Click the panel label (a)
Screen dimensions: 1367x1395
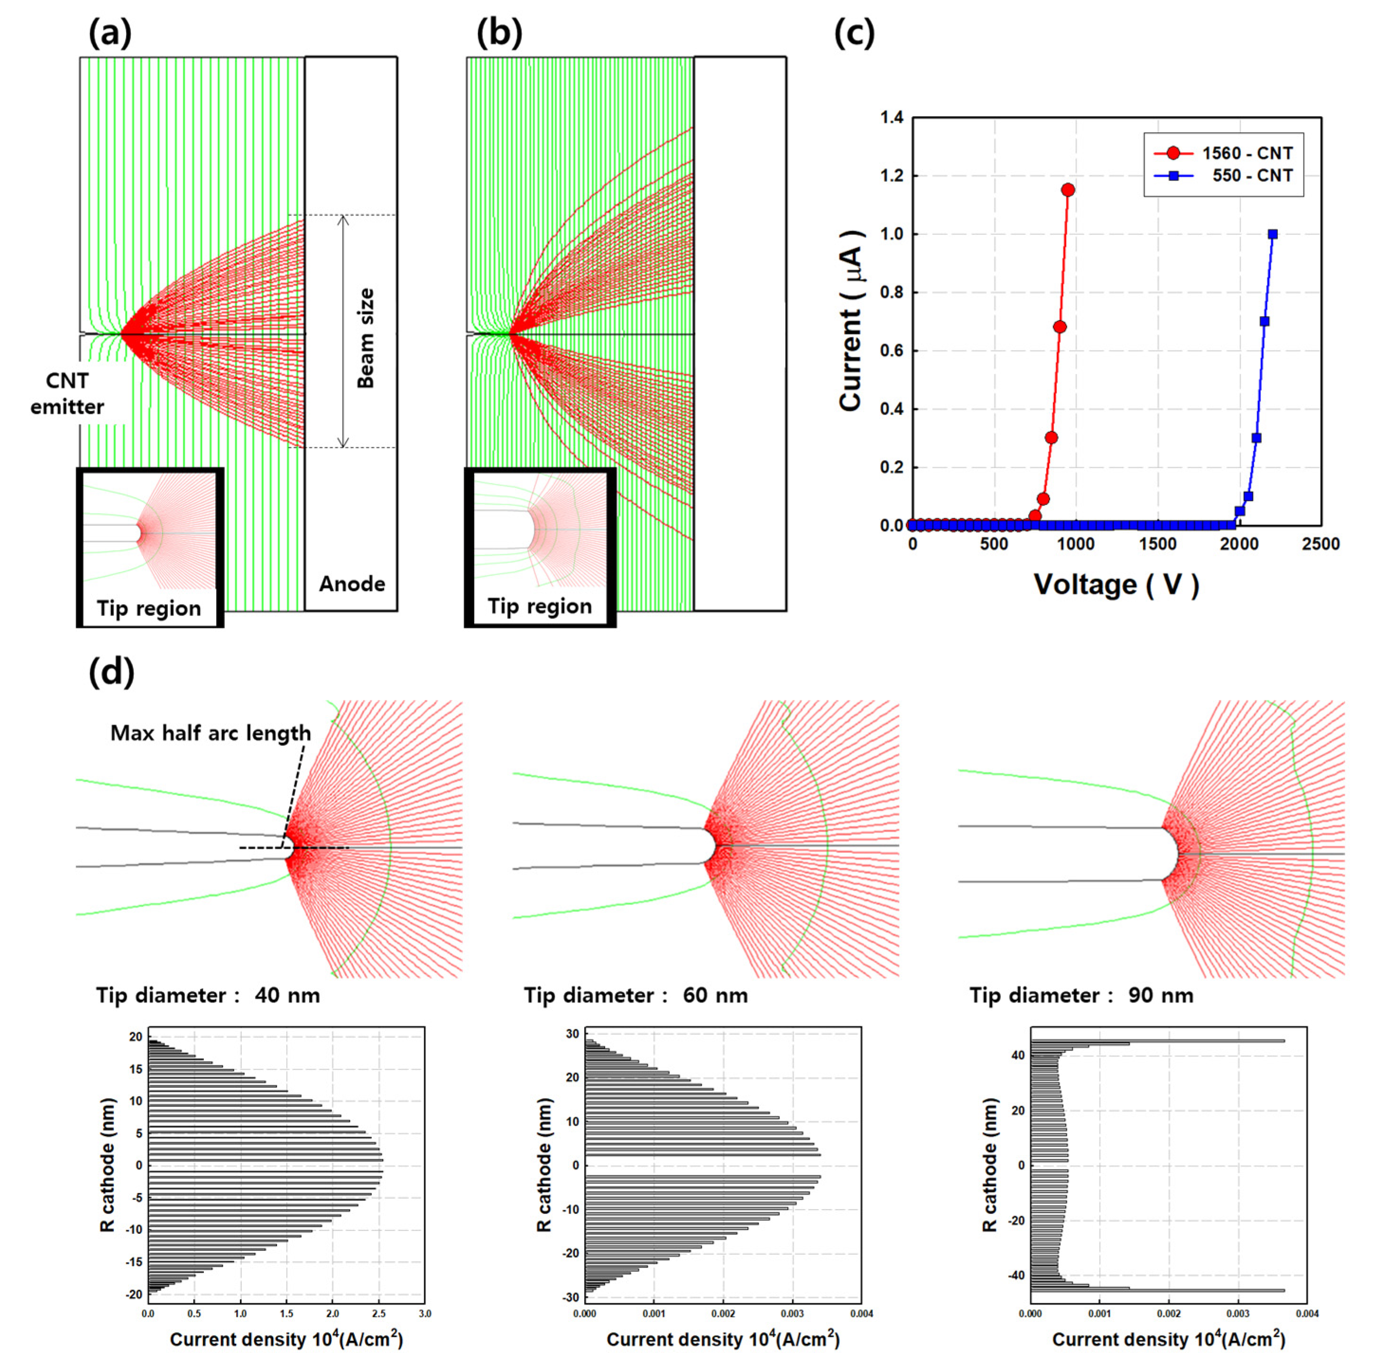tap(110, 33)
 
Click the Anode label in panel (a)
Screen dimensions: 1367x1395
tap(352, 584)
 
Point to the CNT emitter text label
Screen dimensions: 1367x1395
tap(67, 393)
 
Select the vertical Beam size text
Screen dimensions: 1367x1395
tap(366, 338)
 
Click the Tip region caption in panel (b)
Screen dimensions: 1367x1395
tap(540, 606)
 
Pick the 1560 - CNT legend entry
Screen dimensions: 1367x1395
tap(1222, 153)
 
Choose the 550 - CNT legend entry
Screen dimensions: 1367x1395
tap(1222, 175)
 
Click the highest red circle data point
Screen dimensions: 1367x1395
tap(1067, 190)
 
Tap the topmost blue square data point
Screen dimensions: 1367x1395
tap(1273, 234)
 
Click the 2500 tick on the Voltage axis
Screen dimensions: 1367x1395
tap(1320, 544)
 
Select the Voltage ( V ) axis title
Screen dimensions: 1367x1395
tap(1116, 584)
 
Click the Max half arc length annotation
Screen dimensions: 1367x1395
tap(211, 733)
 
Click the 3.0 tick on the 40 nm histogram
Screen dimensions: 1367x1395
tap(424, 1314)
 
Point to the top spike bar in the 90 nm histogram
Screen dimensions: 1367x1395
tap(1156, 1041)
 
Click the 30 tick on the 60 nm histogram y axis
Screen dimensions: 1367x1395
tap(572, 1034)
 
